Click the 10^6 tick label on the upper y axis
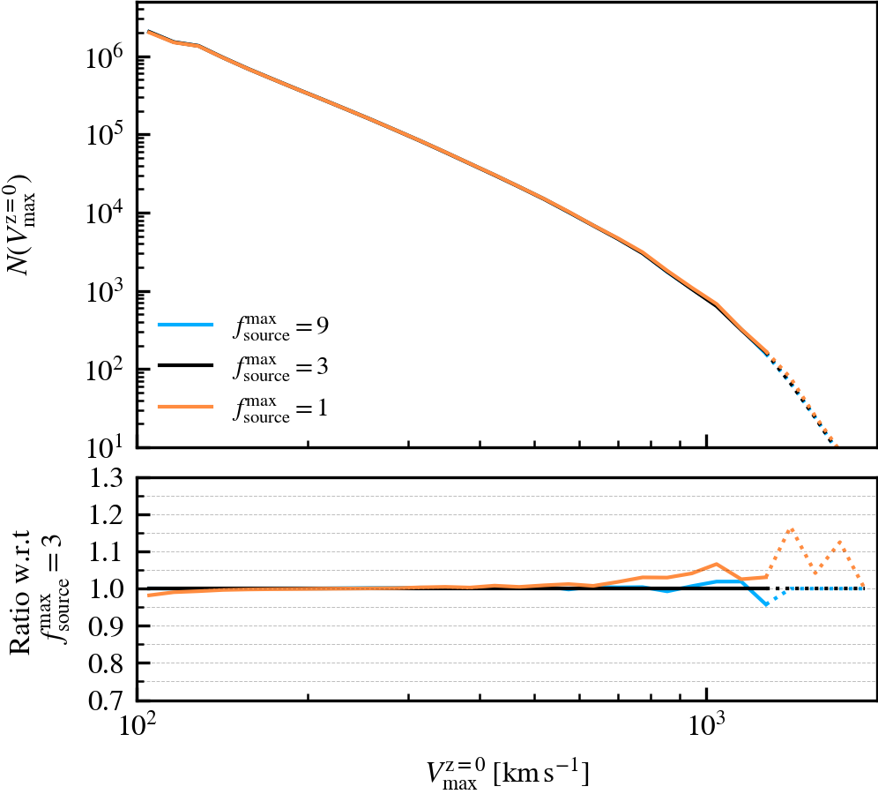106,57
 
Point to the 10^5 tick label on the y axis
106,135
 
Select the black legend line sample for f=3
185,366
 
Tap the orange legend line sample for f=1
185,407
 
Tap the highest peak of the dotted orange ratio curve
792,529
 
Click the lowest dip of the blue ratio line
767,605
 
